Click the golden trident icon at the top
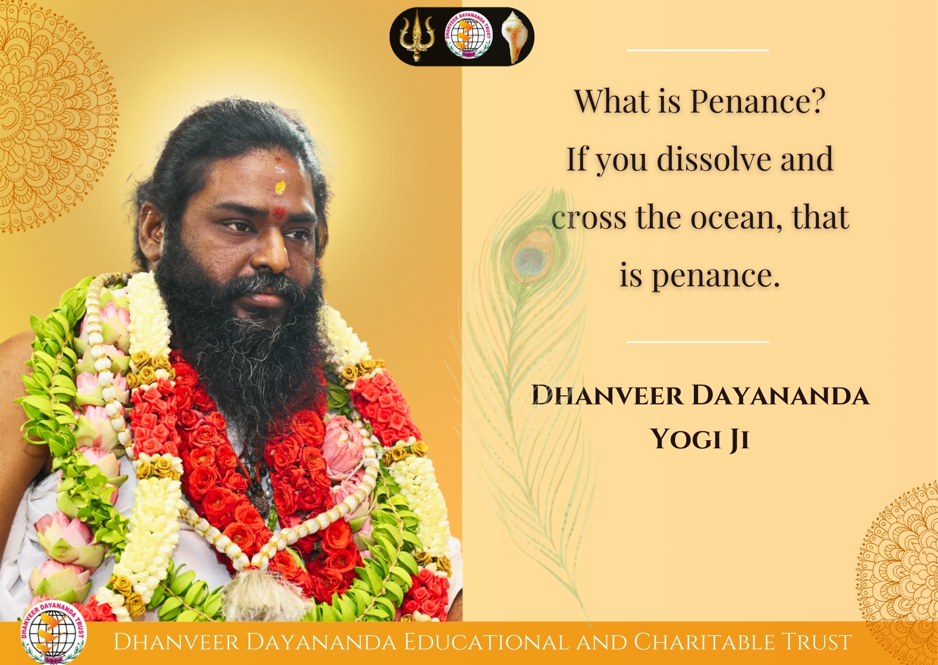(x=415, y=36)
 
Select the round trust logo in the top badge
(x=468, y=36)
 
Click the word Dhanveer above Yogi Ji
(x=607, y=396)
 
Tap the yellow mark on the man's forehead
(x=280, y=187)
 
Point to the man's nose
(x=272, y=248)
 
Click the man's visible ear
(x=150, y=231)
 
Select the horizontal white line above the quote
(x=698, y=50)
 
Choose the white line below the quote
(x=698, y=341)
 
